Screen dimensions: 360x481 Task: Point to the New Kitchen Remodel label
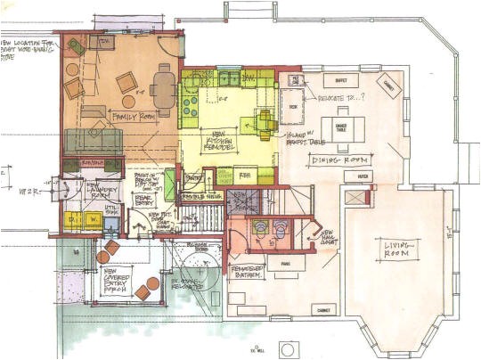click(216, 138)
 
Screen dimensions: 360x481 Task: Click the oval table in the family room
click(163, 87)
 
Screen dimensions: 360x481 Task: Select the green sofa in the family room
click(93, 140)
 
